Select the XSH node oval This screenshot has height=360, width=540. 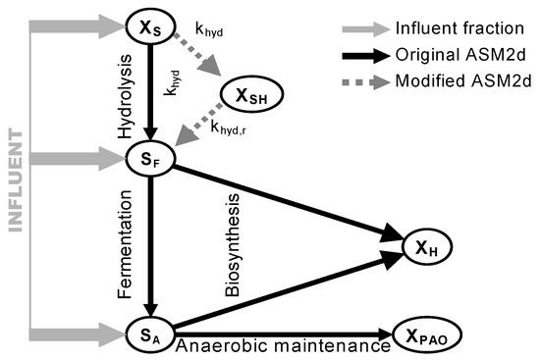coord(252,95)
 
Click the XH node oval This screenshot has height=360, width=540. coord(431,250)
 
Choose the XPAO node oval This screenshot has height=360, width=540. coord(428,334)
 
